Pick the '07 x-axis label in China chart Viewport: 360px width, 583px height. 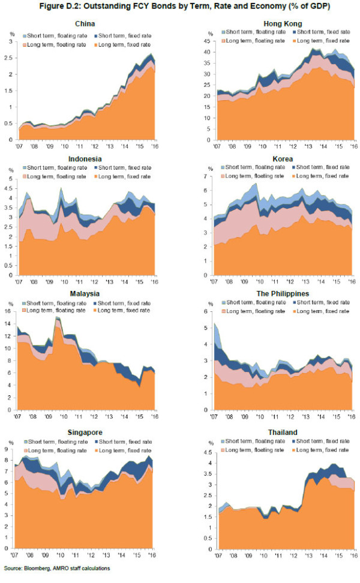point(20,145)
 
